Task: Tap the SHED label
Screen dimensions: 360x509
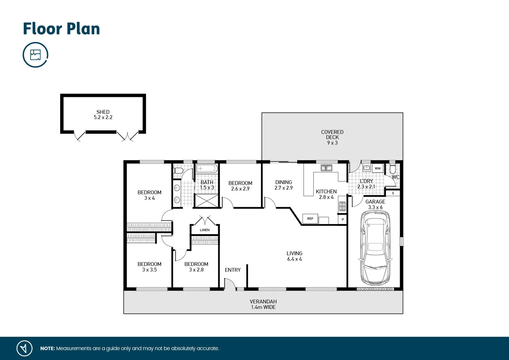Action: (103, 112)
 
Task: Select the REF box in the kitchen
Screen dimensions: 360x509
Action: (310, 219)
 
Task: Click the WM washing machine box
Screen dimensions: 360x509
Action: (377, 168)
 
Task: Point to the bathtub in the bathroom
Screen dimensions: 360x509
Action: (207, 168)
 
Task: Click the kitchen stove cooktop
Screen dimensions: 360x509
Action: (342, 206)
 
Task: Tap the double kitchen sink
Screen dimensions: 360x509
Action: (326, 168)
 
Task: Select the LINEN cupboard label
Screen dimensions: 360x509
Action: (205, 230)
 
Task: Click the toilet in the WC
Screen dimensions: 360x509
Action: (393, 169)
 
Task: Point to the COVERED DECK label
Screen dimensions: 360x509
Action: (332, 135)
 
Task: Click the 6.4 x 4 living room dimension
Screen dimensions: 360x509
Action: (294, 259)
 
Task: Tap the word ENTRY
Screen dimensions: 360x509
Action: (232, 270)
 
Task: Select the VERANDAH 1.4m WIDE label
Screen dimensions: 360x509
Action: (263, 304)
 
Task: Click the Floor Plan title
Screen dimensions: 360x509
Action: (61, 29)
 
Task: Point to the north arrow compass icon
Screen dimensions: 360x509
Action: (24, 348)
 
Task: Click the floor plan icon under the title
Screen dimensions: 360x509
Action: (35, 55)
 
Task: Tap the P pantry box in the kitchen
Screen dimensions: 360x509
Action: (343, 220)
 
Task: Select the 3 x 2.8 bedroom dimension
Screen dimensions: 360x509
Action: (196, 270)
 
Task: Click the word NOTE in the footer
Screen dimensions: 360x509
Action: (47, 348)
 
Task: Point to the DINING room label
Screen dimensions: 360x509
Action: (283, 182)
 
